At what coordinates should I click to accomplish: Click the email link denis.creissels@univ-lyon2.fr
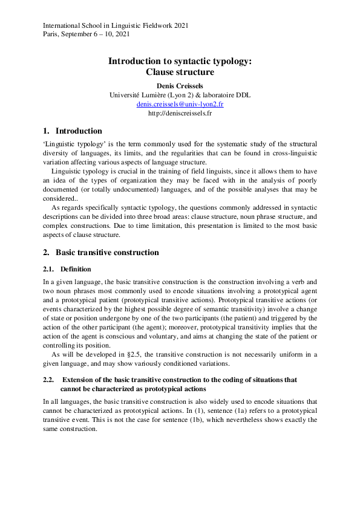[180, 104]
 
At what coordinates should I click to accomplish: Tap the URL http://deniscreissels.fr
[180, 113]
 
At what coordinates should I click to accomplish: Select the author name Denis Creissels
[180, 86]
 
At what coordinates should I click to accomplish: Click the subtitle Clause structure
[180, 72]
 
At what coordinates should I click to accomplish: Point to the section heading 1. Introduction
[73, 131]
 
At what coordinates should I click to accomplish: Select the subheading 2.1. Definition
[67, 269]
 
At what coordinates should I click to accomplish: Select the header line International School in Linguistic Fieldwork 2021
[116, 25]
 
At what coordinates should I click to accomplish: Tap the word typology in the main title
[230, 61]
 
